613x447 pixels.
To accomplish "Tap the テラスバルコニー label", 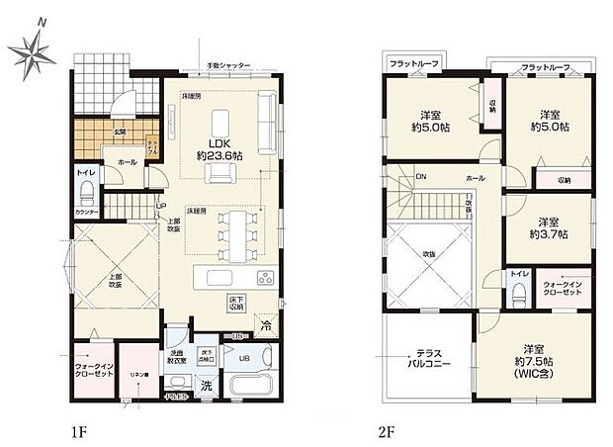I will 433,358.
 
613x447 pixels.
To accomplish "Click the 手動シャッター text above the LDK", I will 228,66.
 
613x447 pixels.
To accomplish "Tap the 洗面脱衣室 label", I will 176,356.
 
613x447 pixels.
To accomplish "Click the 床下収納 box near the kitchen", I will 238,300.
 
